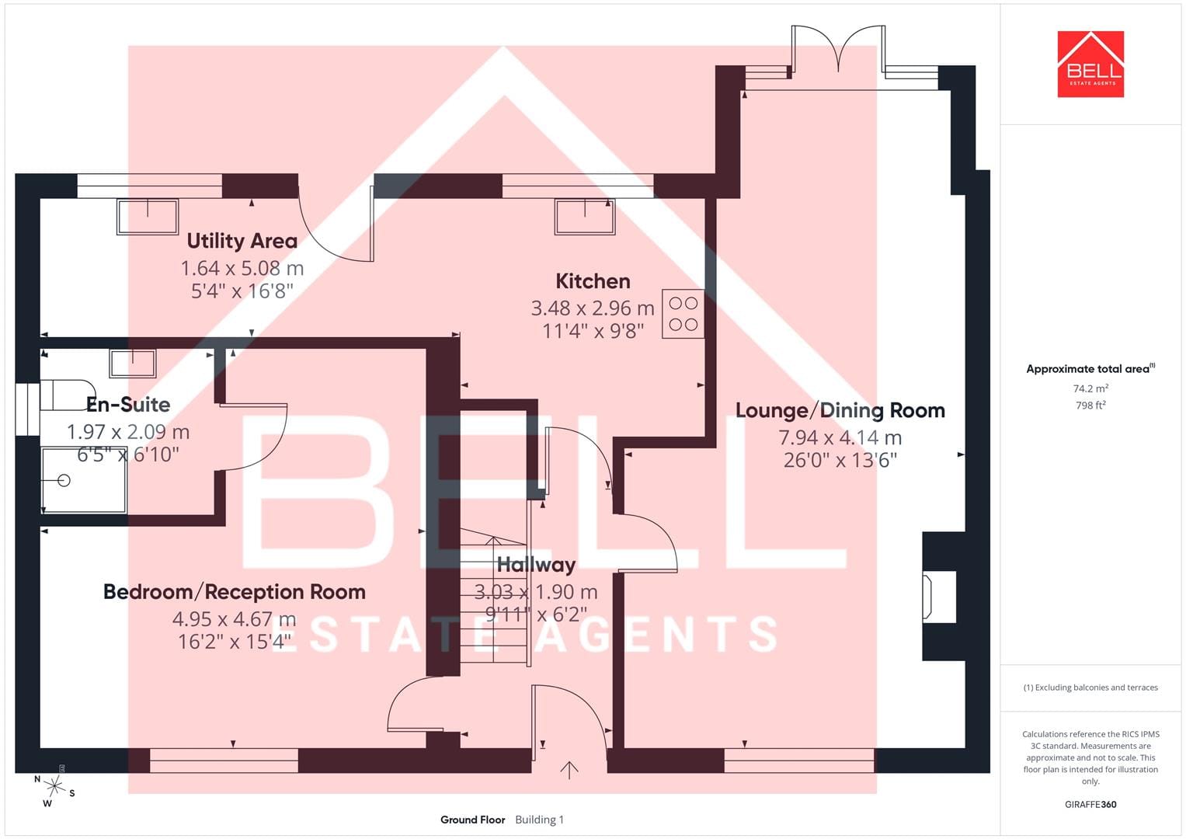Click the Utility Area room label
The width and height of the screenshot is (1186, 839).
click(x=242, y=242)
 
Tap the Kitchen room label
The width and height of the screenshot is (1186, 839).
click(x=593, y=281)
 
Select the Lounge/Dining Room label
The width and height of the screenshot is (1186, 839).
click(x=840, y=410)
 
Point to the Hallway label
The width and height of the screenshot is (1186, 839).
click(x=536, y=566)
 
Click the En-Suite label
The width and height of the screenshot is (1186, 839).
click(x=128, y=405)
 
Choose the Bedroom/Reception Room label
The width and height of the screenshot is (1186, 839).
click(x=235, y=592)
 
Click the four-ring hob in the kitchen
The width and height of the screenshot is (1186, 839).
click(x=683, y=314)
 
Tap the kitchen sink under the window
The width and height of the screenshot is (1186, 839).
click(x=585, y=216)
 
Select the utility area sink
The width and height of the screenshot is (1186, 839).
click(x=148, y=216)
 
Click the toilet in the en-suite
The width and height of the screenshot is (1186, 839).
click(x=68, y=395)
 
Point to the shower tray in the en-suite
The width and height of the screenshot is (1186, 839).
click(x=84, y=480)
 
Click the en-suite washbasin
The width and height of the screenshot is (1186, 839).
click(x=132, y=363)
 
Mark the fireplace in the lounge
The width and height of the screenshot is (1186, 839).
click(x=939, y=597)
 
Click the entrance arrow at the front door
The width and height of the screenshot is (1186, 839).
click(x=569, y=771)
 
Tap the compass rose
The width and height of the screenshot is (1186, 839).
click(x=54, y=786)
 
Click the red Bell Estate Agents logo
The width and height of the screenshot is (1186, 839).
click(x=1090, y=64)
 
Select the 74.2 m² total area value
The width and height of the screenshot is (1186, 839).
click(x=1090, y=388)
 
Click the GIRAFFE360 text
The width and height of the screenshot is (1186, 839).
click(x=1090, y=804)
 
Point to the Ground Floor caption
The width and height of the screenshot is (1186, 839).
click(x=473, y=820)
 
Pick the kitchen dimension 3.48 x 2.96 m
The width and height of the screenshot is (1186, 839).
click(x=593, y=308)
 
